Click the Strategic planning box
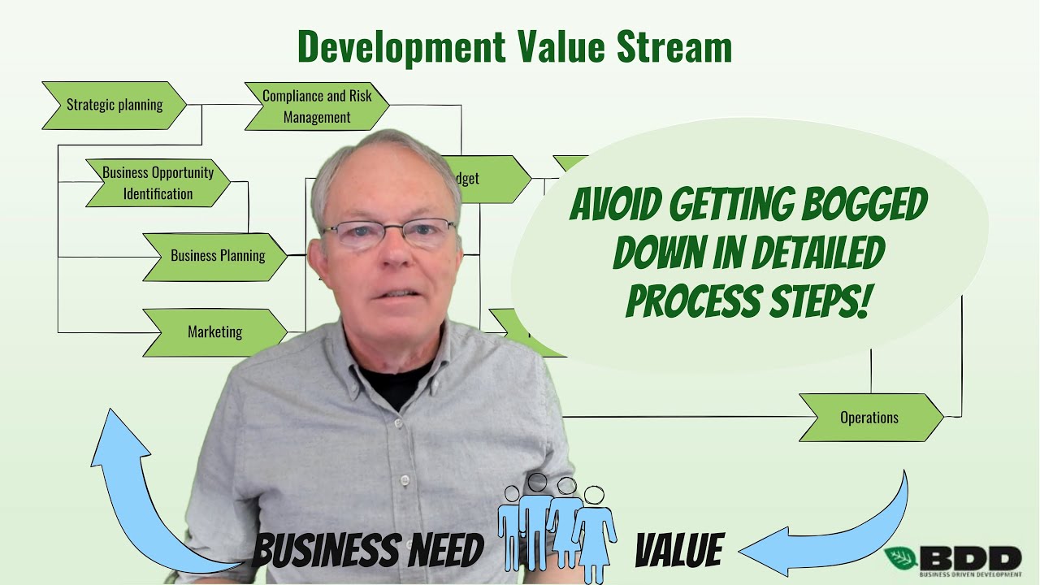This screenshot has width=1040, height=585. pos(114,105)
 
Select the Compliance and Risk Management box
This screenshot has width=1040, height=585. pos(317,106)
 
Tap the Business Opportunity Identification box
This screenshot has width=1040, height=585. pos(158,183)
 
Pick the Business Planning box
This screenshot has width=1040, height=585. pos(216,256)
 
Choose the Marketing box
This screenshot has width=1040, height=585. pos(214,332)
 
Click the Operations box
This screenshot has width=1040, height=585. pos(869,418)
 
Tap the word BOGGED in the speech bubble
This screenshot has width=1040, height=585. pos(864,206)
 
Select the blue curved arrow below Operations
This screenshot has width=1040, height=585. pos(837,528)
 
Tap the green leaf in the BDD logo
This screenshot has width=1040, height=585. pos(901,557)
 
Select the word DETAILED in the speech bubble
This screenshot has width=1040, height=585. pos(818,254)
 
